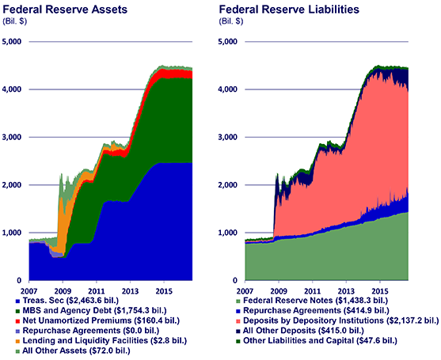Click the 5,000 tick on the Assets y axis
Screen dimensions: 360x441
(14, 41)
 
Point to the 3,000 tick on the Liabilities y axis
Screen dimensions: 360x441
(233, 137)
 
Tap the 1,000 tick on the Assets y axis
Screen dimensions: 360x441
(14, 233)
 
